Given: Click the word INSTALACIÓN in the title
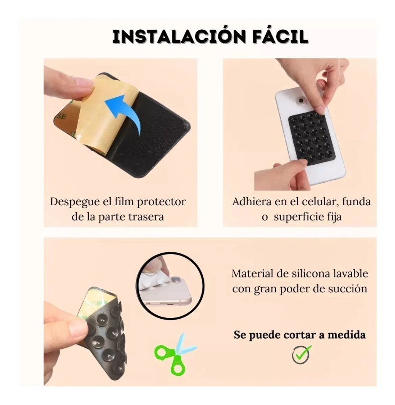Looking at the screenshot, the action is coord(179,36).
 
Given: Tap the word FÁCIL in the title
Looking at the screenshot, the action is coord(280,36).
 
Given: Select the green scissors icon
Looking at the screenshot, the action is coord(175,354).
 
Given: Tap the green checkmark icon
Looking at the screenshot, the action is coord(301,355).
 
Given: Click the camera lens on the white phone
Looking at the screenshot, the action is coord(301,100).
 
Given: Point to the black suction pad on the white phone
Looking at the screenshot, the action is coord(312,137).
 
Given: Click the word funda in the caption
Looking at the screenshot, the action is coord(356,201).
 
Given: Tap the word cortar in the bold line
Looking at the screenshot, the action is coord(300,335).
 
